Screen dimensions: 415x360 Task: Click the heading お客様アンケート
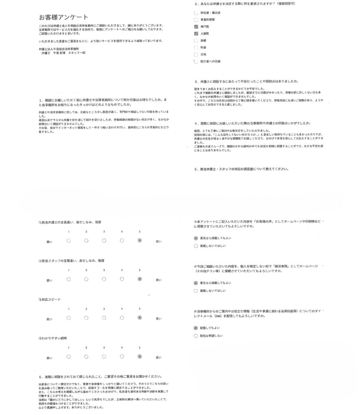coord(63,17)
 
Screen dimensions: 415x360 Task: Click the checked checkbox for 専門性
coord(197,27)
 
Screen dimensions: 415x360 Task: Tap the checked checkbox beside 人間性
coord(197,34)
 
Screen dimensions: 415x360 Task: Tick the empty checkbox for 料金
coord(197,47)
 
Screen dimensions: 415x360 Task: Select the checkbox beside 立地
coord(197,54)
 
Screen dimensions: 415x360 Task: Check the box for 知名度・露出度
coord(197,13)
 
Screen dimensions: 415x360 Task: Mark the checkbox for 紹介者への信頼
coord(197,62)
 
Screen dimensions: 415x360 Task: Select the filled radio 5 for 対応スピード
coord(140,318)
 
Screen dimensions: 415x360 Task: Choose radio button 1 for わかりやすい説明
coord(69,357)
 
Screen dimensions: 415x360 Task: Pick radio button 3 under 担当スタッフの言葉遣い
coord(104,279)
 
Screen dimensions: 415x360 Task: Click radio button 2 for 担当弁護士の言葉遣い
coord(86,240)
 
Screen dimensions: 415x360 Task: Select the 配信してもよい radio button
coord(196,327)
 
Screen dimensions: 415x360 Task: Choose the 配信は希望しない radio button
coord(196,336)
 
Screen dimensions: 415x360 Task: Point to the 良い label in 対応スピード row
coord(159,319)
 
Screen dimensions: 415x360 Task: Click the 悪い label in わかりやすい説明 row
coord(49,358)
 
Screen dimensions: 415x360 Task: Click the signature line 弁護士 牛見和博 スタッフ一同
coord(63,53)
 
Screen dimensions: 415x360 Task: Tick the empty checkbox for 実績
coord(197,41)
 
